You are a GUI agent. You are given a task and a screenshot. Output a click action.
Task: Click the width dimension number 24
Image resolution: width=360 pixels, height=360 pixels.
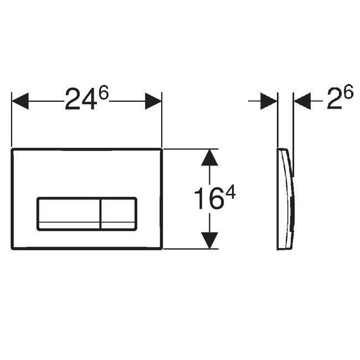click(80, 101)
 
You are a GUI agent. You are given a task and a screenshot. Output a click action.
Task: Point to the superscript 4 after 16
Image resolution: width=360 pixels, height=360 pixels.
click(231, 192)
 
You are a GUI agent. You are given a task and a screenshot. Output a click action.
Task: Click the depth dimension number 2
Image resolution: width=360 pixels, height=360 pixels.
click(333, 100)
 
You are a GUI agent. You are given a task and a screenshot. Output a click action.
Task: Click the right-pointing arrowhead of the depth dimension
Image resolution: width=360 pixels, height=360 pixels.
click(269, 101)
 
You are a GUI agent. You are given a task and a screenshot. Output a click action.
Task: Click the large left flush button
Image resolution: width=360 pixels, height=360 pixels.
click(69, 213)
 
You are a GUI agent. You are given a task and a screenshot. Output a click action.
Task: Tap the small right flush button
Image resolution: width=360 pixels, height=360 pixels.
click(118, 213)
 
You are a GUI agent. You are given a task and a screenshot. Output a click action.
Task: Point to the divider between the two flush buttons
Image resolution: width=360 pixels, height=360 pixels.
click(101, 213)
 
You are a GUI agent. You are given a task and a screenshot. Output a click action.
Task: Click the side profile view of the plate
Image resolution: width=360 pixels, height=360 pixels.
click(285, 199)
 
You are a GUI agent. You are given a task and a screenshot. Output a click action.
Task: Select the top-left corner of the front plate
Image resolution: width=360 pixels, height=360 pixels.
click(12, 150)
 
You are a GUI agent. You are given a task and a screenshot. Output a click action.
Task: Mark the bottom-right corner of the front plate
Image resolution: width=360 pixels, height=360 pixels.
click(161, 248)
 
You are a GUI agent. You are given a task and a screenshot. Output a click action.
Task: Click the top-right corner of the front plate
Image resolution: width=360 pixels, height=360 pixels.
click(161, 150)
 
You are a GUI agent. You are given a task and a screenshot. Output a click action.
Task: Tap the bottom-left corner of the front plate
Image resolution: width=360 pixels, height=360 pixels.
click(12, 248)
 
